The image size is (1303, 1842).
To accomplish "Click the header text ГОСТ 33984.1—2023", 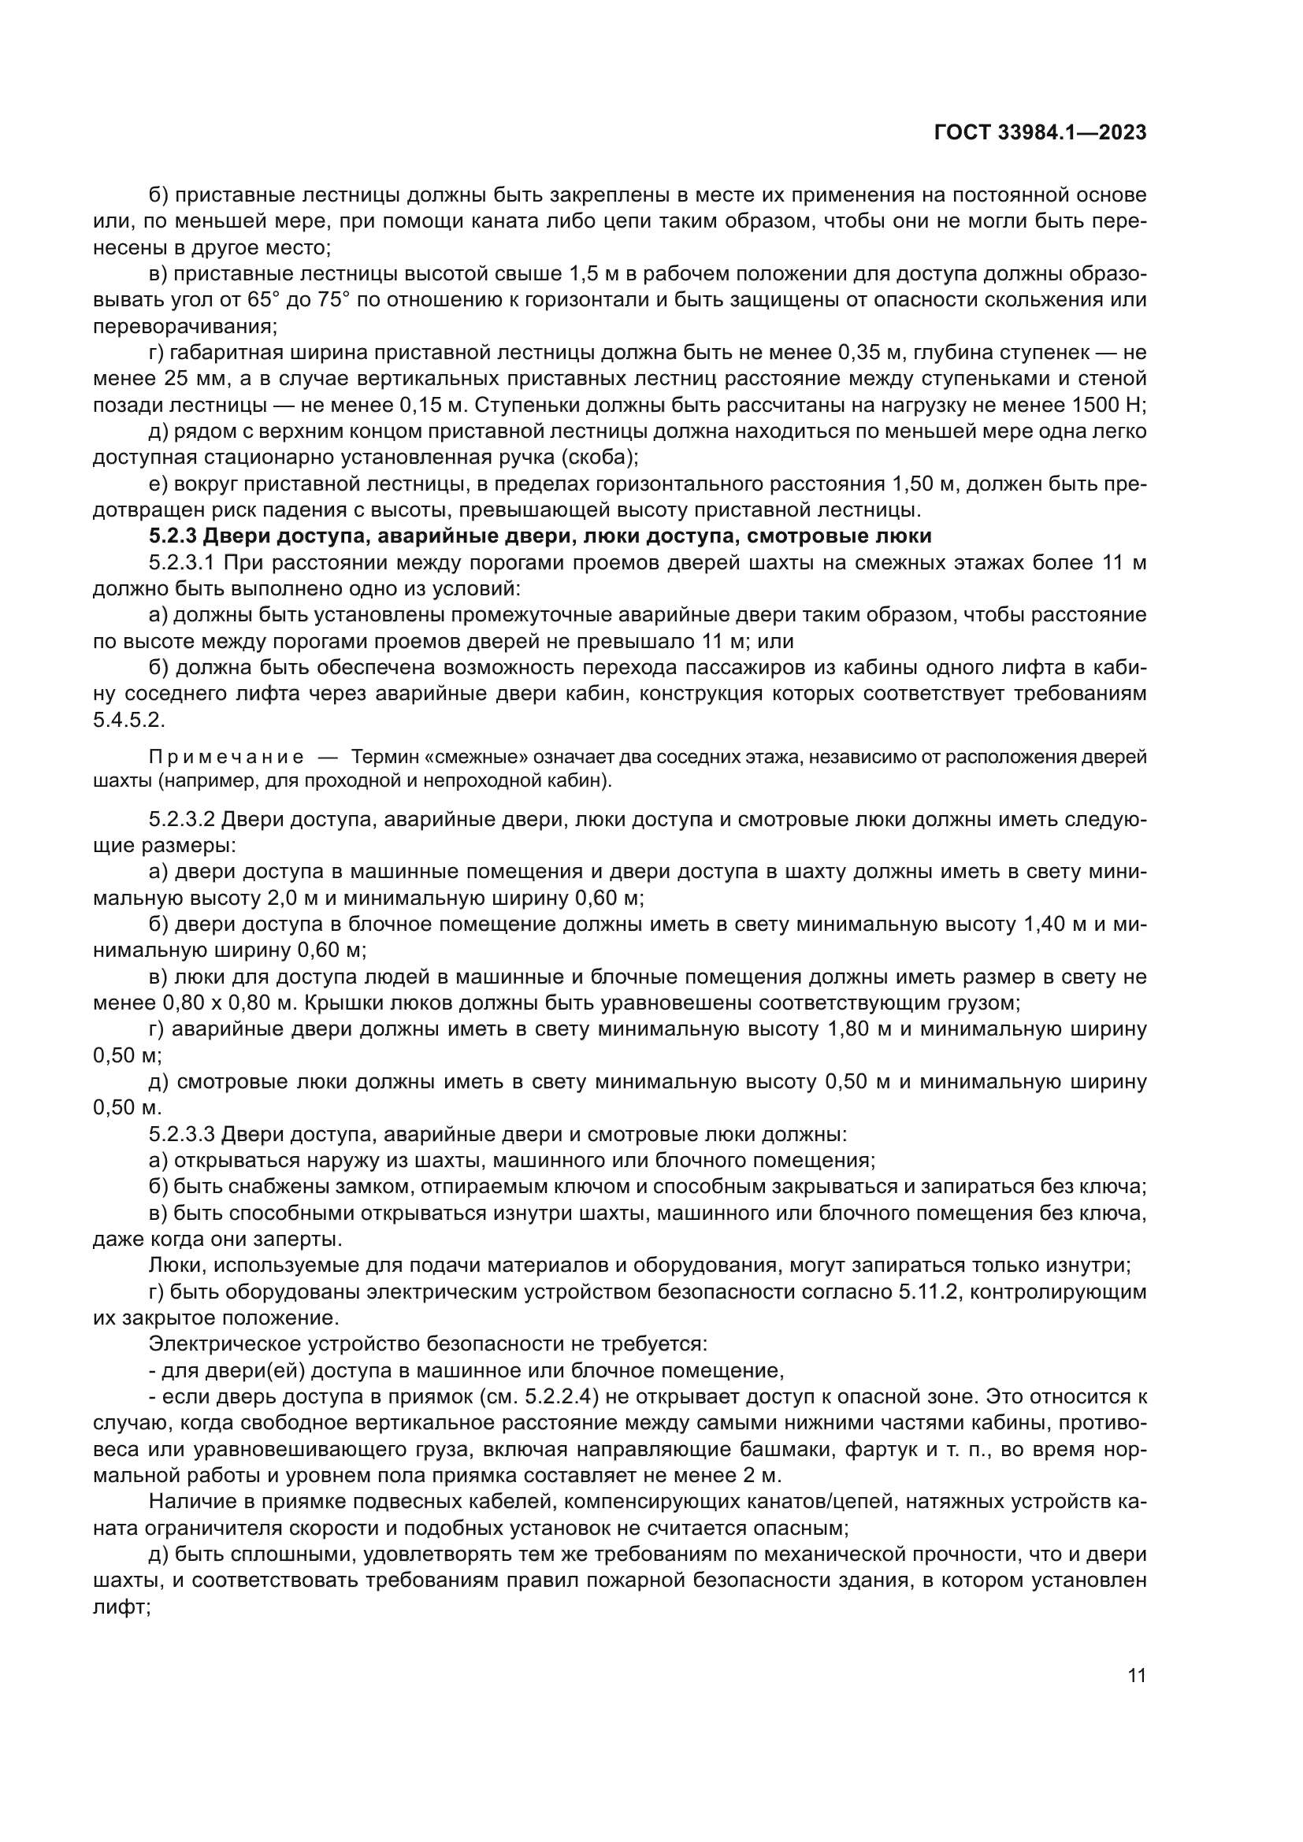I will pos(1040,133).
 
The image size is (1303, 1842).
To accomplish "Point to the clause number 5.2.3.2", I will pos(182,819).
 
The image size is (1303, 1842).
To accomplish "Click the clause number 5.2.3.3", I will pos(182,1134).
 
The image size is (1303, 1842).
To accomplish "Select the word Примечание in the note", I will pos(226,757).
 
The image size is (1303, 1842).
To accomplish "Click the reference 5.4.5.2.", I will pos(128,720).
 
